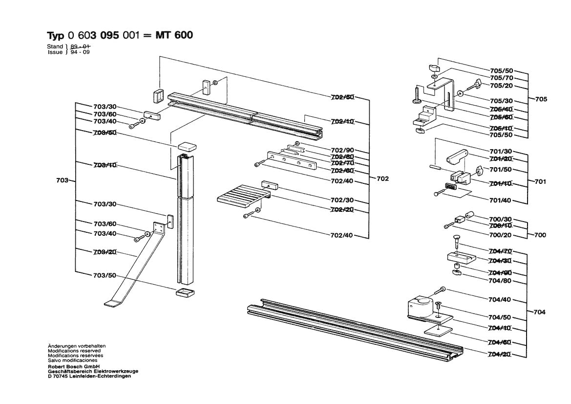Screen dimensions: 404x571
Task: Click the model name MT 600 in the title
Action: [x=173, y=35]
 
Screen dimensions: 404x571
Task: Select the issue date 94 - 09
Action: [x=80, y=52]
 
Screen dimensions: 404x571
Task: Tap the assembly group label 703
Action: [x=62, y=181]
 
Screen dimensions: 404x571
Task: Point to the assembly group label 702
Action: [x=382, y=179]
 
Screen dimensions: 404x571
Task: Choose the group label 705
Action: [x=541, y=99]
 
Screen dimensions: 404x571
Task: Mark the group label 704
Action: [x=540, y=312]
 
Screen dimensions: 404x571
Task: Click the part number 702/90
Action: [x=342, y=150]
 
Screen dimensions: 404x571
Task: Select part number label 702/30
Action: [x=342, y=201]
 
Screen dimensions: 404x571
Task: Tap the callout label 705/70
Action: [x=501, y=78]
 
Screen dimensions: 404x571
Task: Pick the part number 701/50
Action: [x=500, y=170]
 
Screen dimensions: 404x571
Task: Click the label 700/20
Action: [x=500, y=235]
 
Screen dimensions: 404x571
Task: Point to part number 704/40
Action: [x=500, y=299]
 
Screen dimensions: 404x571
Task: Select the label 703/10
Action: [x=105, y=165]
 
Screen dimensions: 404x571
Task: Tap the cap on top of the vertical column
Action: [x=186, y=146]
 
